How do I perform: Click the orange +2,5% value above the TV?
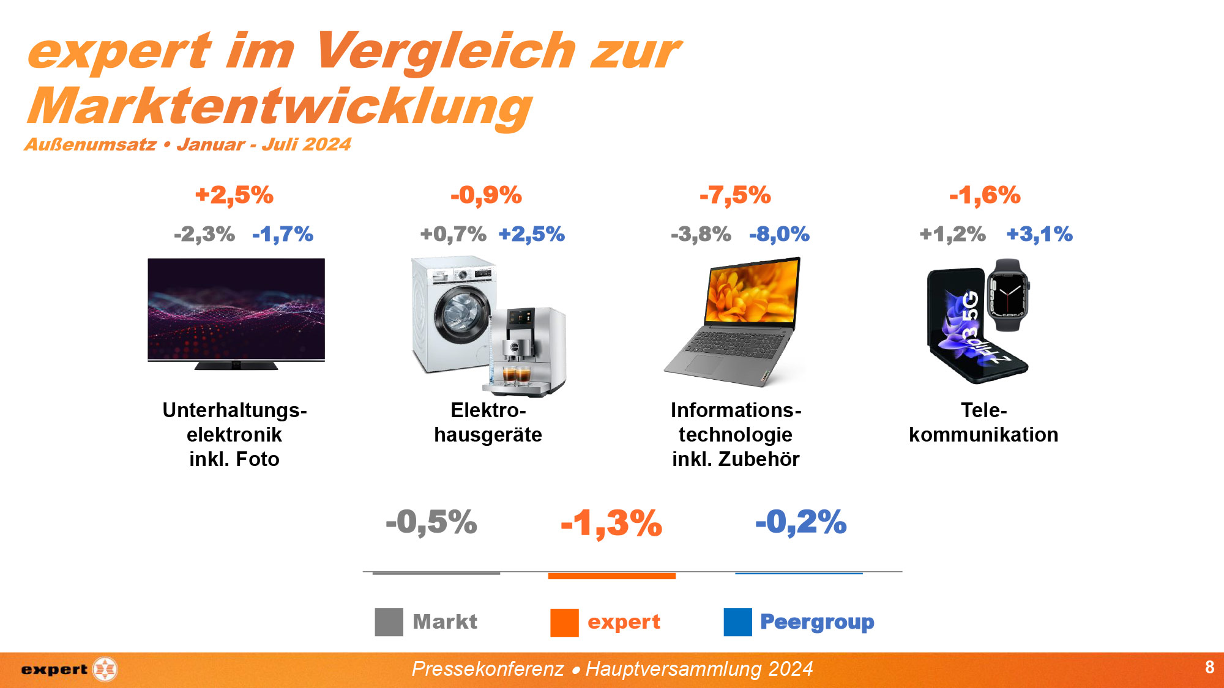click(234, 196)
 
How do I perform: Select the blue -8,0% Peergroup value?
click(779, 234)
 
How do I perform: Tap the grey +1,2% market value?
click(952, 234)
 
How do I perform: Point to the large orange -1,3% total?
click(611, 523)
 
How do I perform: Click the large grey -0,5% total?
click(431, 523)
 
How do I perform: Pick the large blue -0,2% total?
click(800, 523)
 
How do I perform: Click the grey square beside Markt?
click(389, 622)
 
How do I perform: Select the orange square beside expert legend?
click(564, 623)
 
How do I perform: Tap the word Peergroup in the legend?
click(817, 622)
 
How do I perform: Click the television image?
click(236, 311)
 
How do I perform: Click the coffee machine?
click(525, 352)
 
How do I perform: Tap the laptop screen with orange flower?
click(752, 293)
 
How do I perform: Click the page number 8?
click(1209, 667)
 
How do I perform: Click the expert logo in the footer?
click(69, 670)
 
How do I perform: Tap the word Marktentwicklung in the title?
click(280, 107)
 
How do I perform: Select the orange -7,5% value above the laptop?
click(735, 196)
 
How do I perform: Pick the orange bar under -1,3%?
click(611, 576)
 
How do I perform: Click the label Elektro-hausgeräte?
click(488, 423)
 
